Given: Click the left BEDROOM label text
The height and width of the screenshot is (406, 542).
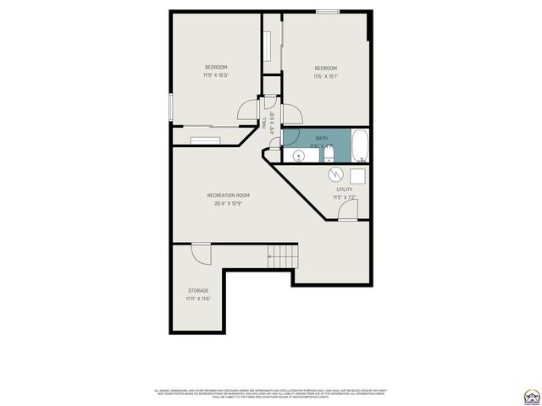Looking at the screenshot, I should (216, 68).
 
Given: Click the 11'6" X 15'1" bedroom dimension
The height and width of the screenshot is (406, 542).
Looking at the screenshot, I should (326, 76).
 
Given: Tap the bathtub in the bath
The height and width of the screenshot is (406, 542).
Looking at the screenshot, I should (360, 145).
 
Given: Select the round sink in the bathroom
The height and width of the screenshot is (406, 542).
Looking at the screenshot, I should (299, 156).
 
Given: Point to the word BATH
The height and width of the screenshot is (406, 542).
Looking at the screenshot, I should (322, 138).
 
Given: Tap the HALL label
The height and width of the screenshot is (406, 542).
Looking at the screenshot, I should (263, 123).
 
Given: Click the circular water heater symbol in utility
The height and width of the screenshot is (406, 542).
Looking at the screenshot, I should (336, 173).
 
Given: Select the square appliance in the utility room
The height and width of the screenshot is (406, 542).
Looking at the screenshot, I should (357, 175).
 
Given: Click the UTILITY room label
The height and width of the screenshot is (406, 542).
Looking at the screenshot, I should (345, 189).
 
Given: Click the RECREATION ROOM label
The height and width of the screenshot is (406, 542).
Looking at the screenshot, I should (228, 195).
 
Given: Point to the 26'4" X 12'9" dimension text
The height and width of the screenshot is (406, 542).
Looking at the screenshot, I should (228, 203).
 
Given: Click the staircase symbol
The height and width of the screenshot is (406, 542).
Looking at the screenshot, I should (284, 255).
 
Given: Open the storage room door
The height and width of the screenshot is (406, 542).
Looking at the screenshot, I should (202, 252).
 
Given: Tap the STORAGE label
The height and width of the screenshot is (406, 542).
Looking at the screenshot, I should (198, 290).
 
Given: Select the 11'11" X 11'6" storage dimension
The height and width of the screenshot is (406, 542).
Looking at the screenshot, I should (198, 299).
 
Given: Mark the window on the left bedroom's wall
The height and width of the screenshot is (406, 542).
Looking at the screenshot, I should (171, 107).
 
